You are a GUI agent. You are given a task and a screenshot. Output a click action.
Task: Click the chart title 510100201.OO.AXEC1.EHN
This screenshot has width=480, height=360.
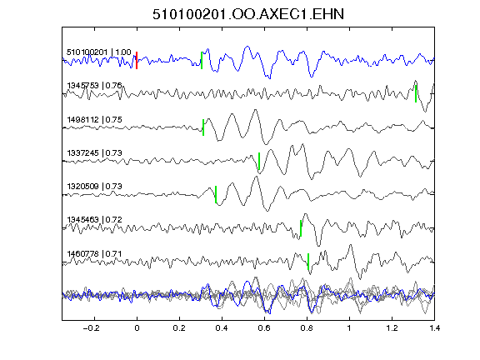click(248, 14)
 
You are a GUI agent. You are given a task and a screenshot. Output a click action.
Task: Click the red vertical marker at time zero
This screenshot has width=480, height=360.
click(137, 60)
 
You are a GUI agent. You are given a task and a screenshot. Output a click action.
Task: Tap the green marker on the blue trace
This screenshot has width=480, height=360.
click(202, 60)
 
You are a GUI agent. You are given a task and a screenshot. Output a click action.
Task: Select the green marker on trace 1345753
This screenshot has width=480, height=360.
click(416, 93)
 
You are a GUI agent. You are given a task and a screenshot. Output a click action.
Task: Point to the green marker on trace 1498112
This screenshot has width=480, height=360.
click(203, 127)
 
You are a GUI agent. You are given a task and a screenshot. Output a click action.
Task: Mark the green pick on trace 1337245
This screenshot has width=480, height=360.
click(259, 161)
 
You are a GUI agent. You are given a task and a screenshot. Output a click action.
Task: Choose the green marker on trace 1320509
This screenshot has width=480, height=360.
click(216, 194)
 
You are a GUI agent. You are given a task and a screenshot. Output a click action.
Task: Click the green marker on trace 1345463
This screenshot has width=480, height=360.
click(301, 228)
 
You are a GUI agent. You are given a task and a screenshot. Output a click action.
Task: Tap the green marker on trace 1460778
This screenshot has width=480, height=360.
click(308, 262)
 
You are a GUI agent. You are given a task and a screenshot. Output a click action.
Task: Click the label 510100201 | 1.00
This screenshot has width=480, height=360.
click(99, 52)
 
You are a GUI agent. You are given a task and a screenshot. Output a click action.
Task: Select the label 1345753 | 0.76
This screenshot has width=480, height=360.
click(95, 85)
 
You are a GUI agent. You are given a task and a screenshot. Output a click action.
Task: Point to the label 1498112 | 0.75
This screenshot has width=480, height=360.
click(95, 119)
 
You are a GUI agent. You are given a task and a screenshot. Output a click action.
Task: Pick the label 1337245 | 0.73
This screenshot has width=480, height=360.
click(95, 152)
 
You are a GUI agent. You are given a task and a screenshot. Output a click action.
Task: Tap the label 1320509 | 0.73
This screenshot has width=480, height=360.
click(95, 186)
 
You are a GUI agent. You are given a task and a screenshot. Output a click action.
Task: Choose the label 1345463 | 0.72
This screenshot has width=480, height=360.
click(95, 220)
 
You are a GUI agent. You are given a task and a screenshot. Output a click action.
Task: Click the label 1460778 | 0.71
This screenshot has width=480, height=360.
click(95, 254)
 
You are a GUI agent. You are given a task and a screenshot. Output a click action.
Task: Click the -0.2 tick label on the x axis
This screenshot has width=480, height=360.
click(92, 328)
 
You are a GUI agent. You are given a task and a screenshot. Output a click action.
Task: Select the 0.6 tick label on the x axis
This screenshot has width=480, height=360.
click(264, 328)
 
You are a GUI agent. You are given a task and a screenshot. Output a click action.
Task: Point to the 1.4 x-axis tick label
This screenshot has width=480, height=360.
click(434, 328)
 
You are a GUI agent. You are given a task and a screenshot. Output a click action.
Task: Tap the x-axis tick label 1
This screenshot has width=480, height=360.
click(349, 328)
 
